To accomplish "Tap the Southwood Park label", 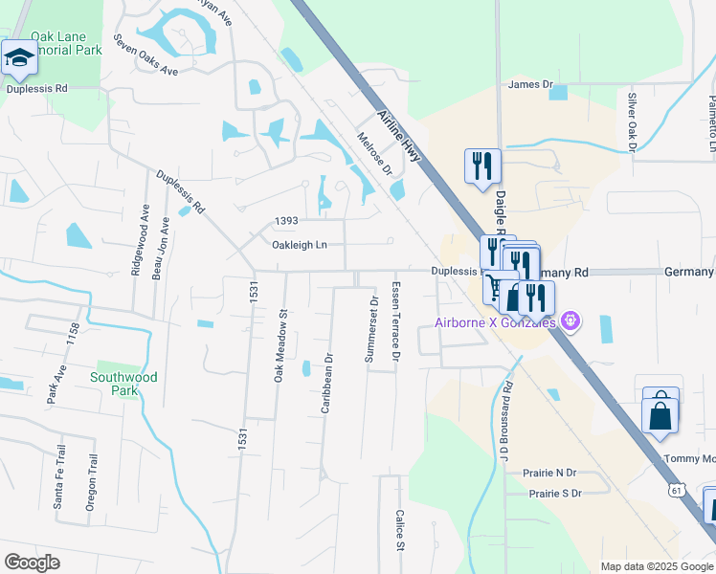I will (123, 384).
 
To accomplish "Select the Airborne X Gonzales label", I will (496, 321).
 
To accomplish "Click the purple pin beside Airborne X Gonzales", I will (571, 320).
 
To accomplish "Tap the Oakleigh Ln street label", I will (300, 245).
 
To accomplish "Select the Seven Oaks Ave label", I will (145, 56).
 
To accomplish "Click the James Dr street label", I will (531, 84).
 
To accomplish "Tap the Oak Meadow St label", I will (280, 345).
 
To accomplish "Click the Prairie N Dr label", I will (549, 473).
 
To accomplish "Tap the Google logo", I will (32, 563).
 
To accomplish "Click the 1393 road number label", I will (285, 221).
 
